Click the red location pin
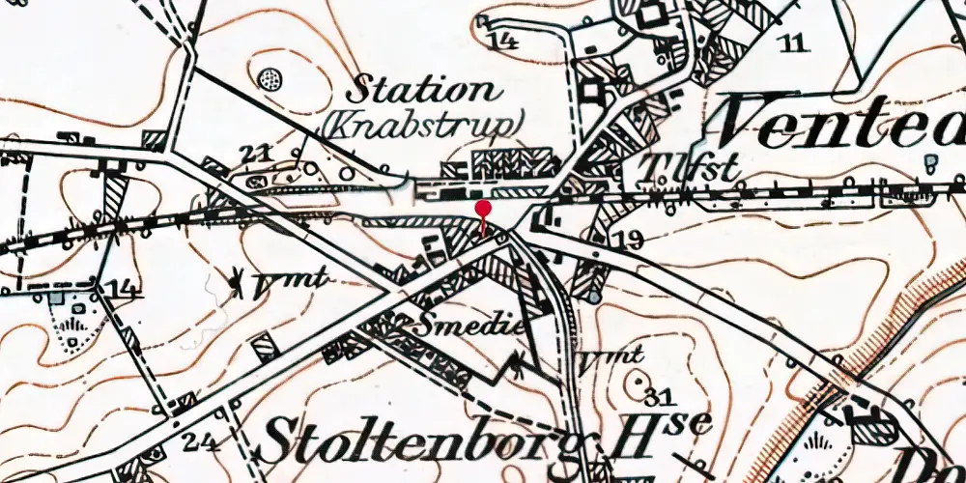483,210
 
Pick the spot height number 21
253,153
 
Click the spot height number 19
627,239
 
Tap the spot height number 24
200,443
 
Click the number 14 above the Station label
502,41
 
